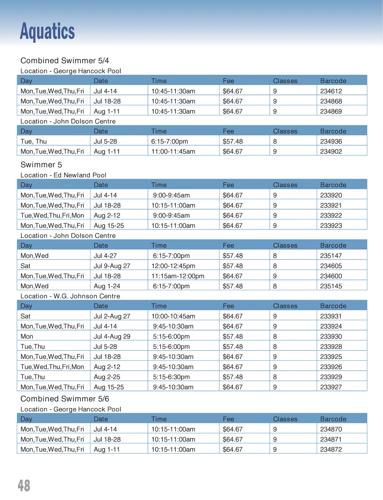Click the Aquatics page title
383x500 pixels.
(x=47, y=31)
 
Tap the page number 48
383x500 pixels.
(x=24, y=485)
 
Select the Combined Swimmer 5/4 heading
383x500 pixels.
(x=65, y=60)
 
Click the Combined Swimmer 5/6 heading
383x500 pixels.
(x=65, y=399)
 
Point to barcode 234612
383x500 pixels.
(x=331, y=91)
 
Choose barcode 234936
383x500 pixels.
(x=331, y=142)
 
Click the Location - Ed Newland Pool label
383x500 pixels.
(x=63, y=175)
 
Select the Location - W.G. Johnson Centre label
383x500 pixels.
(x=70, y=296)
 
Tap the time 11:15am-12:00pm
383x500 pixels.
(x=178, y=276)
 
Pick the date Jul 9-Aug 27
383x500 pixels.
(x=112, y=266)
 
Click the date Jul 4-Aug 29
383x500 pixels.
(x=112, y=336)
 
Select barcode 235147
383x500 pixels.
(x=331, y=256)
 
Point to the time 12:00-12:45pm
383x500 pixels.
(x=173, y=266)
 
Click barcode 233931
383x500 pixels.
(x=331, y=316)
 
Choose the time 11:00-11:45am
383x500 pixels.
(x=173, y=152)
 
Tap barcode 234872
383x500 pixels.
(x=331, y=450)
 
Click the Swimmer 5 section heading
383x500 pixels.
(x=41, y=165)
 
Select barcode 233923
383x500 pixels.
(x=331, y=226)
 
